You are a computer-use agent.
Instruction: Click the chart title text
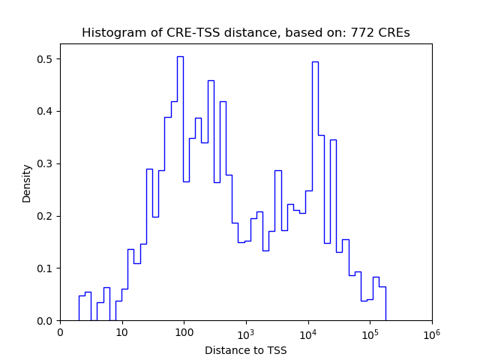click(x=246, y=33)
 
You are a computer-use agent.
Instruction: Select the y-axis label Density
click(x=27, y=183)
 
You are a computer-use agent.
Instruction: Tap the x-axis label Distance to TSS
click(x=246, y=350)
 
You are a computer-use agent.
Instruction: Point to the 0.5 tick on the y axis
click(x=46, y=59)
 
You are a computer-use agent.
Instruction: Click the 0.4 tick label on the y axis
click(x=46, y=112)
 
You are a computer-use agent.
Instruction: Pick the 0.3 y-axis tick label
click(x=46, y=164)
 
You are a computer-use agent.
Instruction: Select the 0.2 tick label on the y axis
click(x=46, y=217)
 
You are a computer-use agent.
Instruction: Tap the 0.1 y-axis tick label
click(x=46, y=268)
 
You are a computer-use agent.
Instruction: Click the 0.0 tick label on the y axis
click(x=46, y=321)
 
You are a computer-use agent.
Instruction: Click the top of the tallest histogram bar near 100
click(x=180, y=56)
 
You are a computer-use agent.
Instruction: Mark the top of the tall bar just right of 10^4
click(x=315, y=61)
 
